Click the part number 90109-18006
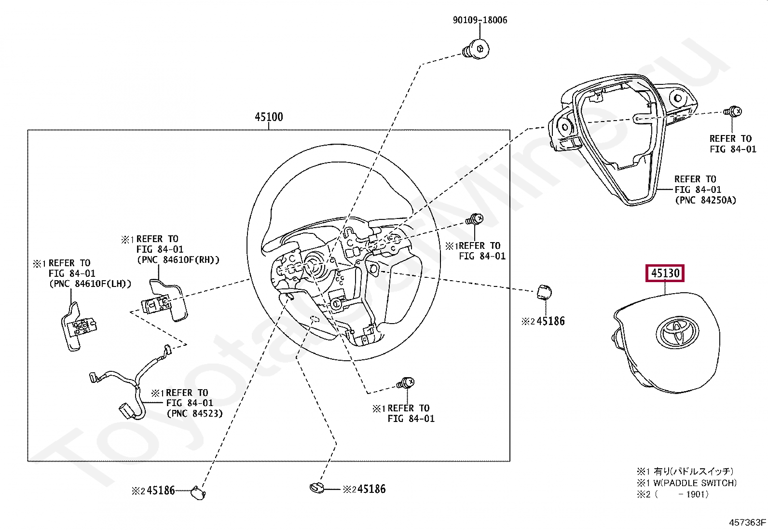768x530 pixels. pos(480,20)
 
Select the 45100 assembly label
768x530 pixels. pos(269,117)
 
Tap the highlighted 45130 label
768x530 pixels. pos(665,273)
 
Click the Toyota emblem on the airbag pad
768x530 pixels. pos(677,332)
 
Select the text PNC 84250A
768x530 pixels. pos(705,200)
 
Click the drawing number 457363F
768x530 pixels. pos(747,522)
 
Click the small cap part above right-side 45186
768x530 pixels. pos(544,292)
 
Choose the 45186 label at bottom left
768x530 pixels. pos(160,490)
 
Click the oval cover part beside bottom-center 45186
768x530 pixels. pos(317,488)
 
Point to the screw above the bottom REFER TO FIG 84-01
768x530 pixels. pos(405,384)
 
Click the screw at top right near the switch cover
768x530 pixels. pos(733,111)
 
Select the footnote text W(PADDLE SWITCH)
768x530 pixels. pos(695,483)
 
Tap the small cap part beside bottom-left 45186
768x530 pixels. pos(198,492)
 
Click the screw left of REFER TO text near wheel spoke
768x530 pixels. pos(474,220)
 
